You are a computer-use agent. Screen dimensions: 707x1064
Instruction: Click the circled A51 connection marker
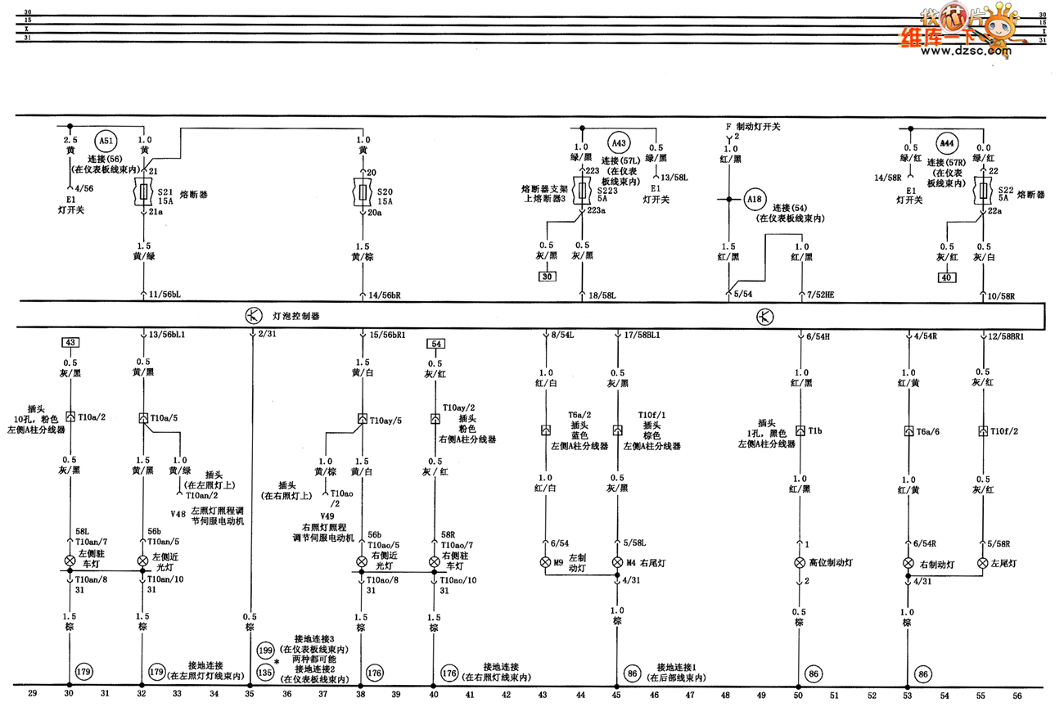(106, 141)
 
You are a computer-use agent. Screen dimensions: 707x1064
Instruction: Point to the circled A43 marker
(620, 142)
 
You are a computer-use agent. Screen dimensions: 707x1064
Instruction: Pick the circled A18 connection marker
(755, 198)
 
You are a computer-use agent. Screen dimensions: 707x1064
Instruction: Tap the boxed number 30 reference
(546, 277)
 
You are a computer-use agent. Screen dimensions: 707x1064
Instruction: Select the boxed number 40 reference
(946, 277)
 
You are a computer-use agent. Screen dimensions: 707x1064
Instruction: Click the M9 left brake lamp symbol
(544, 563)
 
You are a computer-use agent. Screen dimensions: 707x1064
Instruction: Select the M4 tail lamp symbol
(617, 563)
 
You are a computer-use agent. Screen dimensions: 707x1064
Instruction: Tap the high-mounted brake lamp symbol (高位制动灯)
(799, 563)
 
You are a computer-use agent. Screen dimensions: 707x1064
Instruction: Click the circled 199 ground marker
(264, 651)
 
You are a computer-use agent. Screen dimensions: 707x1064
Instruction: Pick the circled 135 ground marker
(264, 672)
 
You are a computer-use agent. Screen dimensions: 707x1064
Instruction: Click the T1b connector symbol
(799, 430)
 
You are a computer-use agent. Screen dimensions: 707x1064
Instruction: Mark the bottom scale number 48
(725, 695)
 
